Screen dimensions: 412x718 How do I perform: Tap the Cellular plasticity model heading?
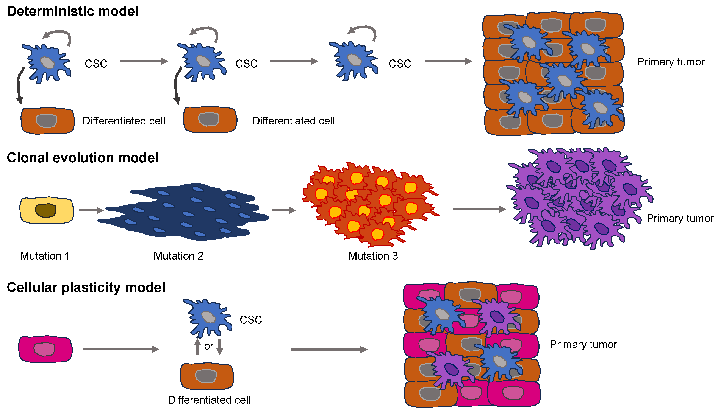(x=86, y=288)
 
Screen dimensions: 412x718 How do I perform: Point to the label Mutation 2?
(x=178, y=256)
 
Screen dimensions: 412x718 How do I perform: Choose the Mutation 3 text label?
(x=373, y=256)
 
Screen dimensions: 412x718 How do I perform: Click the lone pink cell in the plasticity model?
(x=45, y=349)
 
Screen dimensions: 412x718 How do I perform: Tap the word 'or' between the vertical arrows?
(x=209, y=346)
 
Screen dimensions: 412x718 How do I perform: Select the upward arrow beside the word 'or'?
(x=197, y=347)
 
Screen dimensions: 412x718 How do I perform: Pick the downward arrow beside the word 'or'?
(x=220, y=347)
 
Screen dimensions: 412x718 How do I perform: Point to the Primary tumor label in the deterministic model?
(x=671, y=62)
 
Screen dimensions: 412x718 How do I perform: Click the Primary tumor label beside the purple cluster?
(x=680, y=218)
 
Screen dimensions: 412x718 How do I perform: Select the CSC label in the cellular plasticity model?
(x=250, y=320)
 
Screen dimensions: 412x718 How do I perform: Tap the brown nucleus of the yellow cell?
(x=45, y=210)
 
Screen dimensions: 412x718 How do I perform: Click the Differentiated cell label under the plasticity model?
(x=209, y=400)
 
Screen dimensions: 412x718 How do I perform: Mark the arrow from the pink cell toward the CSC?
(x=120, y=349)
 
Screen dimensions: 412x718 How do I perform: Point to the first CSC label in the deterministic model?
(x=96, y=64)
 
